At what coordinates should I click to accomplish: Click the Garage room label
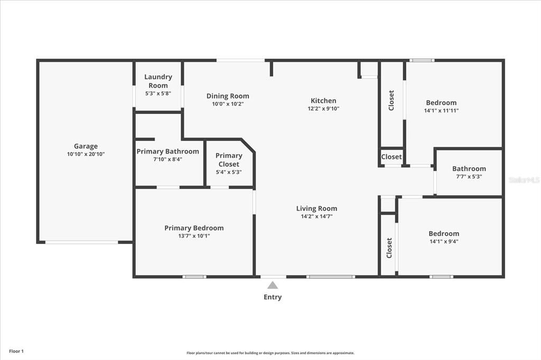[x=86, y=146]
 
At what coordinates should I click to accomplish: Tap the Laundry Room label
[x=158, y=81]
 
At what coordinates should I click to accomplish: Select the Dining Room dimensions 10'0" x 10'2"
[x=228, y=104]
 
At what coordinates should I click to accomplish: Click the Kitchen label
[x=323, y=100]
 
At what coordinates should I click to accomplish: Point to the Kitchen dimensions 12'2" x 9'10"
[x=323, y=109]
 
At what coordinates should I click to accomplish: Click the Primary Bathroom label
[x=167, y=151]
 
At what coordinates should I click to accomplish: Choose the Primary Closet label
[x=229, y=159]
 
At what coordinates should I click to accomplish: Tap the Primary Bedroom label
[x=194, y=228]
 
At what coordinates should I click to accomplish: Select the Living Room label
[x=316, y=208]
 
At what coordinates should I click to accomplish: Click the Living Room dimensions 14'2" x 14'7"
[x=316, y=216]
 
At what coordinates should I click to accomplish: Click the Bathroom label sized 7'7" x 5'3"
[x=469, y=169]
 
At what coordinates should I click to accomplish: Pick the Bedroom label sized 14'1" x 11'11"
[x=441, y=102]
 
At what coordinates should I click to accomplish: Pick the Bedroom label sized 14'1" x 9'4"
[x=444, y=233]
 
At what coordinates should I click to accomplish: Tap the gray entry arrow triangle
[x=273, y=285]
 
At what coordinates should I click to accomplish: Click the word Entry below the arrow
[x=273, y=297]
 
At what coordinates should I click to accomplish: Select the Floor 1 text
[x=16, y=351]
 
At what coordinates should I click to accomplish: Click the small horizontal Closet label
[x=391, y=157]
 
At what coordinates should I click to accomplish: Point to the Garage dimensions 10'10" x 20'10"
[x=86, y=154]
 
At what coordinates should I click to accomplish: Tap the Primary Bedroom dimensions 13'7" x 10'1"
[x=194, y=236]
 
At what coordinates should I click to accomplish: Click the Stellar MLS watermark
[x=524, y=180]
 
